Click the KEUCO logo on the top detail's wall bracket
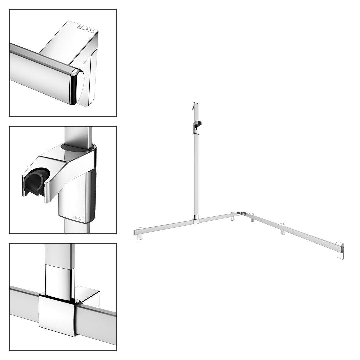(x=86, y=29)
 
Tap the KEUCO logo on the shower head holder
(x=78, y=218)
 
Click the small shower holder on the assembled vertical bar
(x=197, y=126)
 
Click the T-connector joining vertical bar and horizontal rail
(x=196, y=220)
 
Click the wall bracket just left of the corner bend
(x=233, y=216)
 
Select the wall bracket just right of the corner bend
(x=252, y=217)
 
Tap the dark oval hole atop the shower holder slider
(x=77, y=147)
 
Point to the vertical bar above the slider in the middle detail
(x=79, y=135)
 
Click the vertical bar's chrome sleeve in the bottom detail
(x=60, y=280)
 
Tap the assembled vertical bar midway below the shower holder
(x=196, y=174)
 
